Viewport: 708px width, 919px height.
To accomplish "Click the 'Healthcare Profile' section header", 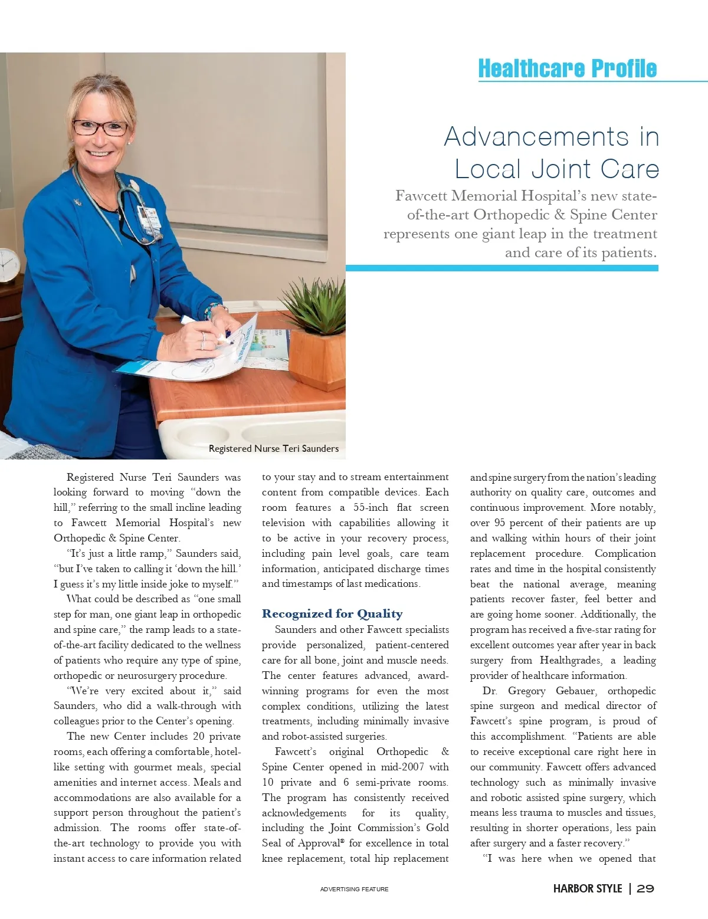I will (x=566, y=68).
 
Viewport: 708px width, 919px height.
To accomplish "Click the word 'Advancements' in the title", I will (x=536, y=137).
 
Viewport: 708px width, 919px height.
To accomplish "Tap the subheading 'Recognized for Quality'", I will (x=332, y=614).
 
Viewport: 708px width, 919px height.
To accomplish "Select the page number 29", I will (x=645, y=888).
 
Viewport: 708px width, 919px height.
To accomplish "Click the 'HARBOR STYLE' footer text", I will (x=587, y=888).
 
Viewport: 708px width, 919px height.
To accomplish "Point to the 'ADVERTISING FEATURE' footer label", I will (x=354, y=889).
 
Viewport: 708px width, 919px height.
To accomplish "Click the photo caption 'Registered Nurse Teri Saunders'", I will (x=274, y=448).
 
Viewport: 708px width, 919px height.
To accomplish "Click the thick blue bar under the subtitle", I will (x=501, y=268).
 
